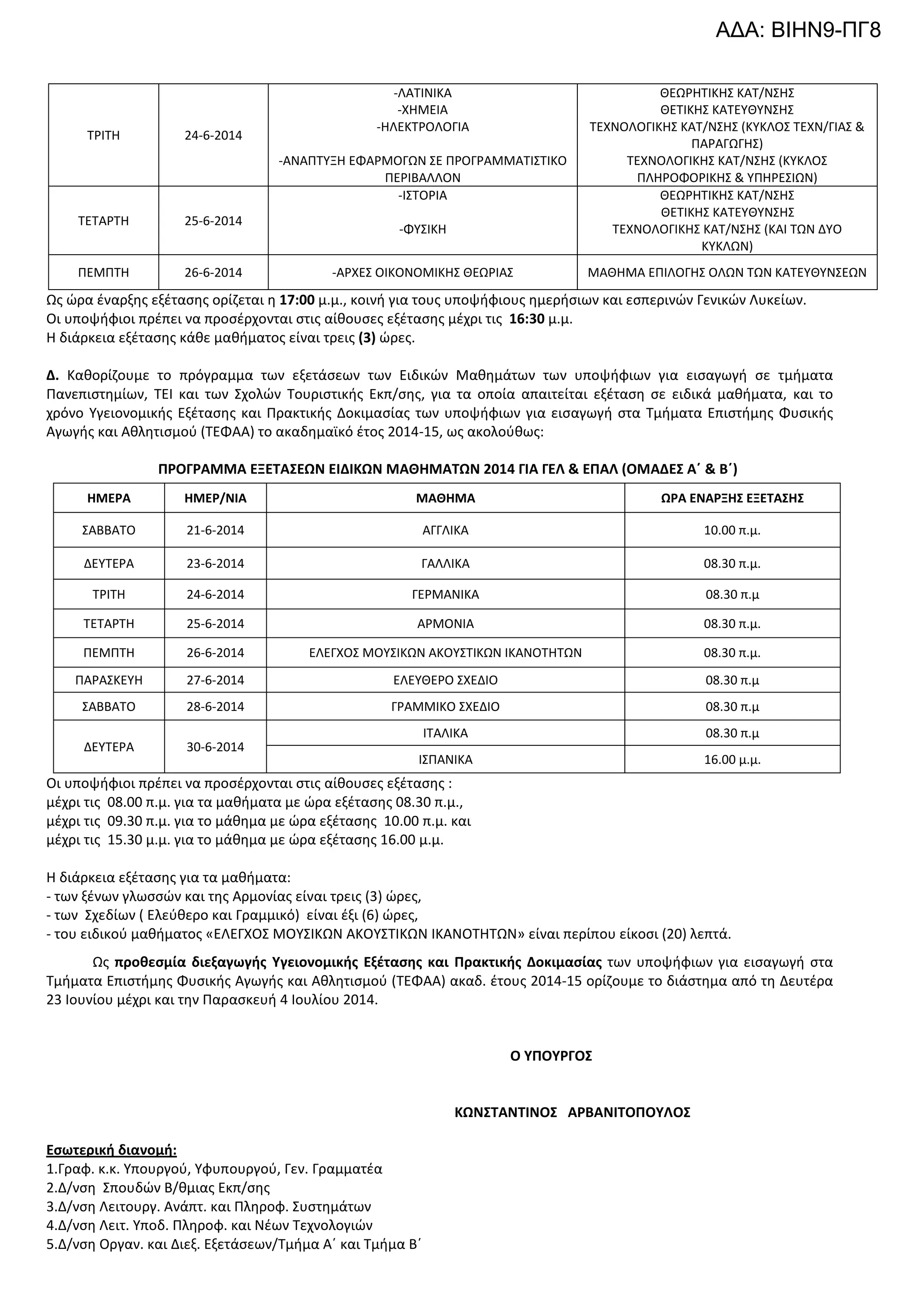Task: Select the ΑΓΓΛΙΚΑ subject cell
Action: coord(445,530)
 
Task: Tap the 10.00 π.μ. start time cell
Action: coord(732,530)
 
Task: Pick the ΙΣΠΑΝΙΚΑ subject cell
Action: coord(445,759)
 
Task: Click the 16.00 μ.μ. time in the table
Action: coord(732,759)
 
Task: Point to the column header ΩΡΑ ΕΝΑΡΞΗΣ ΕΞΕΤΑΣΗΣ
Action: coord(732,498)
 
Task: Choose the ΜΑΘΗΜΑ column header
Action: coord(445,498)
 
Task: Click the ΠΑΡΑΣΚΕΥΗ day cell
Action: coord(108,680)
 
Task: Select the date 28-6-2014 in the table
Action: coord(215,706)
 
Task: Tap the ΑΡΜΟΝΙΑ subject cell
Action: coord(445,624)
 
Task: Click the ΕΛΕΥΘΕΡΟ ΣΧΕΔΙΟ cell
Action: coord(445,680)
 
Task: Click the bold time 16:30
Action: coord(527,319)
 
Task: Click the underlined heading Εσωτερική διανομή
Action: coord(112,1150)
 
